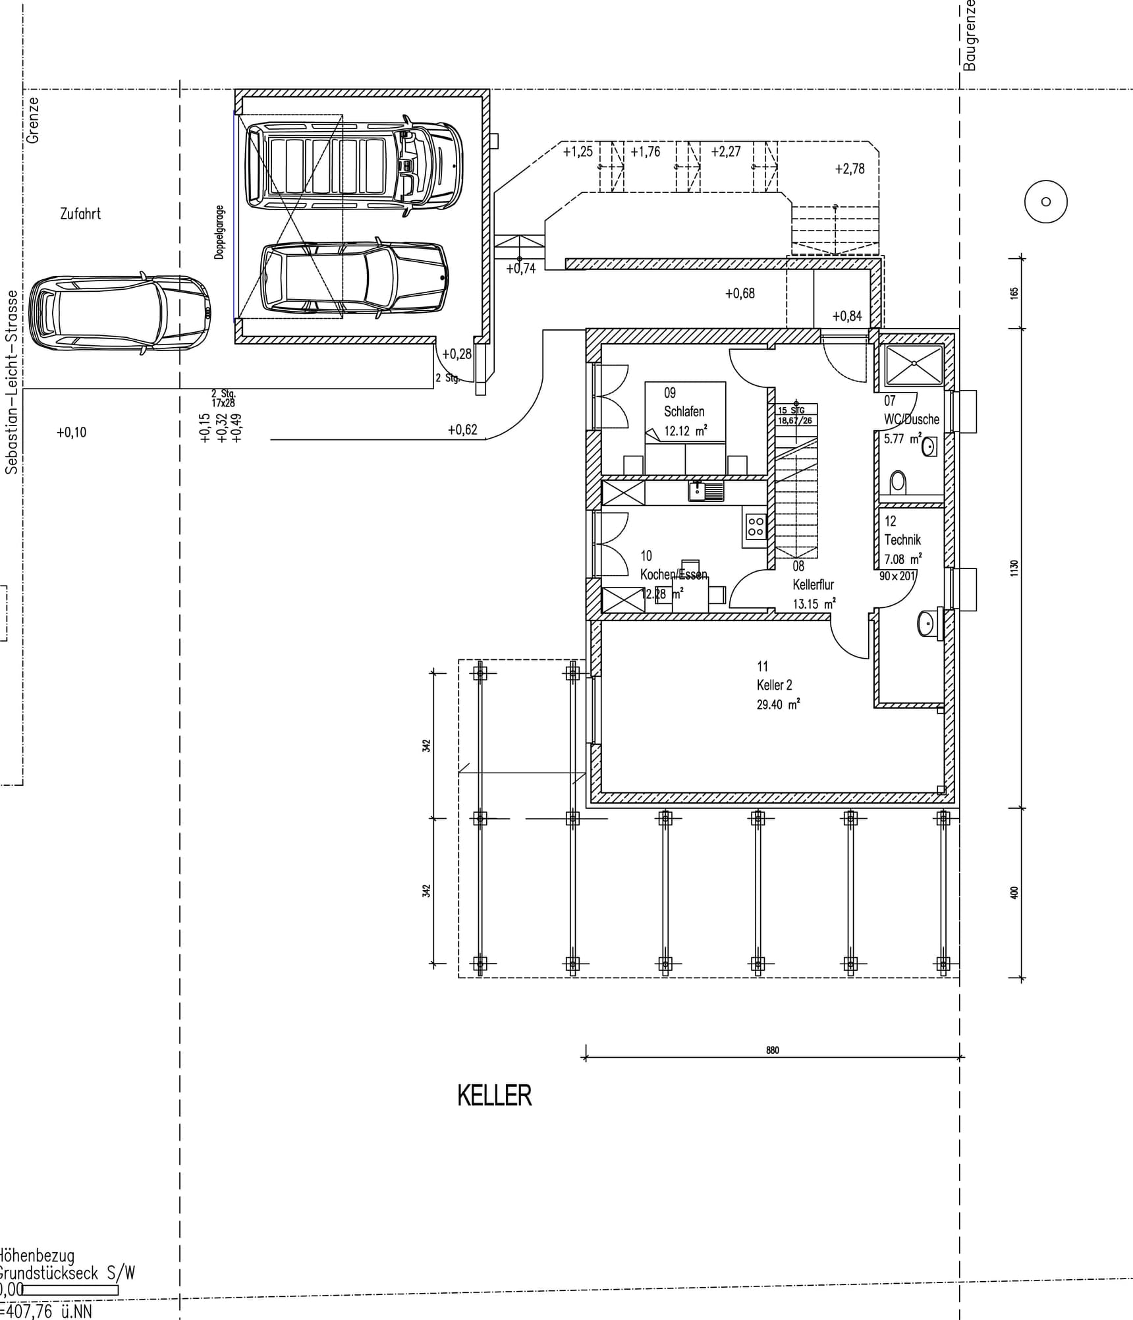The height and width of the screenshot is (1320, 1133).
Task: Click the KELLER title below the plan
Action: [x=494, y=1096]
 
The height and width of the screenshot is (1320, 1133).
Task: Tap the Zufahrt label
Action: [x=80, y=214]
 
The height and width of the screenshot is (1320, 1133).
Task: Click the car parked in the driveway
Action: [x=120, y=314]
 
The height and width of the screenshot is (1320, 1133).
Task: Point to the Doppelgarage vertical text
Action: [x=219, y=232]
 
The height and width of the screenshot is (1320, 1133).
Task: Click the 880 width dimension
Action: [x=772, y=1050]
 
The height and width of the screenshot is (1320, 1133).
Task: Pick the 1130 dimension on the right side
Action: [x=1014, y=568]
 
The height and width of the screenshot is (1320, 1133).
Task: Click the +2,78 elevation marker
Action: [x=849, y=169]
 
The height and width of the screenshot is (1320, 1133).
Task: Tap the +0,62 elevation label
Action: [x=462, y=429]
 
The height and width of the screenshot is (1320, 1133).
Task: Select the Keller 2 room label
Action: [x=774, y=685]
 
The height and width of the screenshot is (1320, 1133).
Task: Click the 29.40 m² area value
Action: [x=777, y=704]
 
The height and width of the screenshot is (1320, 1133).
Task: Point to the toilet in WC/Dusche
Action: [x=898, y=482]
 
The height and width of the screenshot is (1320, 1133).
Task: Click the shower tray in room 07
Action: [x=914, y=364]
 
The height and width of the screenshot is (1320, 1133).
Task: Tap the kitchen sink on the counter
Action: [x=705, y=490]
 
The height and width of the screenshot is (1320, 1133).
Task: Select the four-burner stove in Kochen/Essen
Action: [x=755, y=526]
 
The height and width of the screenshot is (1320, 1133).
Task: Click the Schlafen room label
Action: [x=684, y=411]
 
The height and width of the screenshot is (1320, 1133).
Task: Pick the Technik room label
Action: [x=902, y=539]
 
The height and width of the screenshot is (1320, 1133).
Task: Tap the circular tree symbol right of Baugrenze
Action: [x=1045, y=202]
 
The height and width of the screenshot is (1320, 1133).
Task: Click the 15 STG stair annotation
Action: [x=791, y=410]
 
